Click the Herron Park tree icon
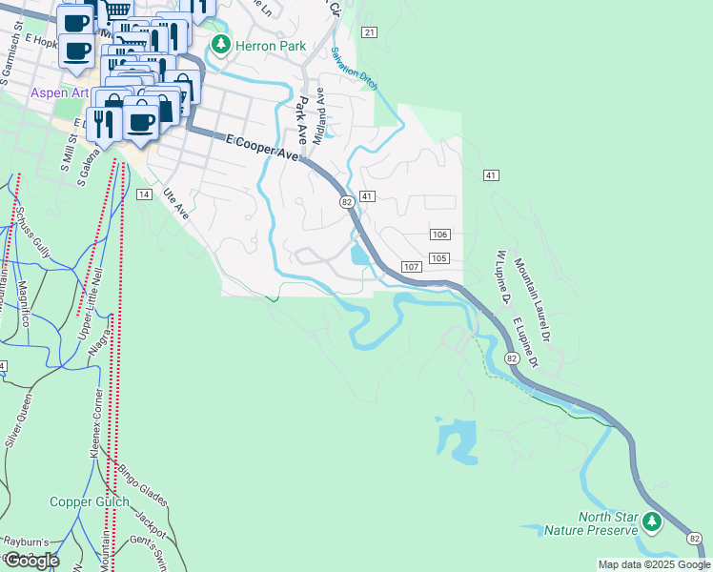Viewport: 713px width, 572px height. click(221, 45)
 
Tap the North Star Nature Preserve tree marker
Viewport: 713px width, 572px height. click(652, 521)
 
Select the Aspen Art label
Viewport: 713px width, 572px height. click(59, 93)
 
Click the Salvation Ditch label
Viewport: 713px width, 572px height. click(355, 69)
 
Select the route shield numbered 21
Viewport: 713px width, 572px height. click(370, 32)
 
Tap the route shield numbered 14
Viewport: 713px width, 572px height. click(144, 194)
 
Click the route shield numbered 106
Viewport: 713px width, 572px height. click(439, 235)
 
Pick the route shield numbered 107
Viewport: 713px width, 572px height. click(411, 266)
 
